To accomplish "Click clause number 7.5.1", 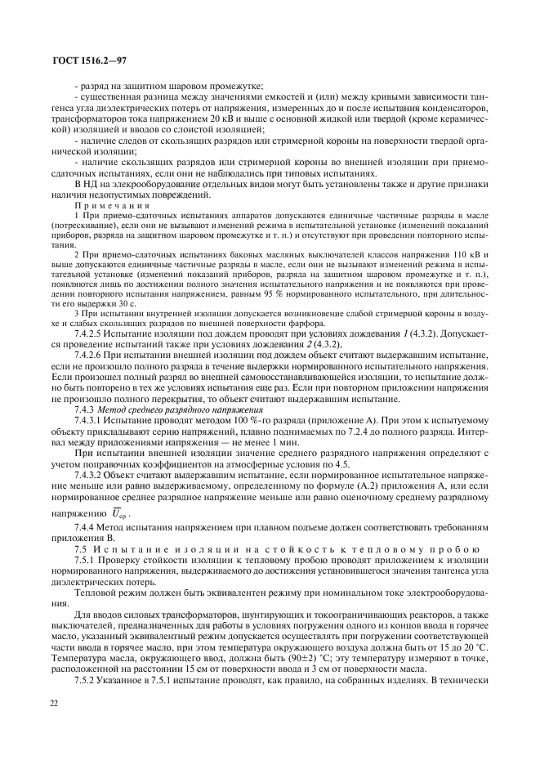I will pyautogui.click(x=86, y=562).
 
